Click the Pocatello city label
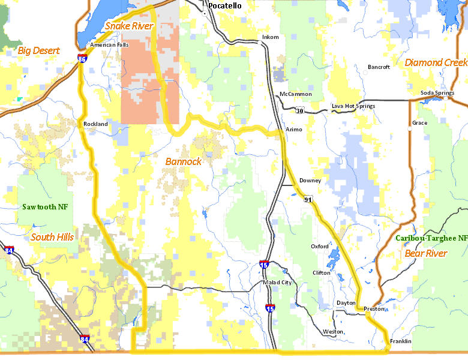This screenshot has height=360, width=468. click(225, 5)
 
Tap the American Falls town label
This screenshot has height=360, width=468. click(109, 44)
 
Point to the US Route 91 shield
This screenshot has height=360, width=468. click(308, 199)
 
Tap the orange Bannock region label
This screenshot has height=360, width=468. click(183, 161)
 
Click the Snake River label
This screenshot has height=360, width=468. click(129, 26)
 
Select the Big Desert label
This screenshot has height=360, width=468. click(38, 51)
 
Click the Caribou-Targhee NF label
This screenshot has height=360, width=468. click(431, 238)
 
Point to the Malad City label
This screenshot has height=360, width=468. click(277, 283)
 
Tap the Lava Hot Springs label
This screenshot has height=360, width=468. click(353, 106)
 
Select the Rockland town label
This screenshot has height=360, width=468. click(95, 124)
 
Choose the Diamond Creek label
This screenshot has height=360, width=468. click(436, 62)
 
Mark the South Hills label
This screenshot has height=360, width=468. click(52, 237)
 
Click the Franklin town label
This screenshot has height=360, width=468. click(400, 341)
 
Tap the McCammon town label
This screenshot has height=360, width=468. click(295, 94)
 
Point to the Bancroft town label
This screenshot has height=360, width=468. click(379, 67)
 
